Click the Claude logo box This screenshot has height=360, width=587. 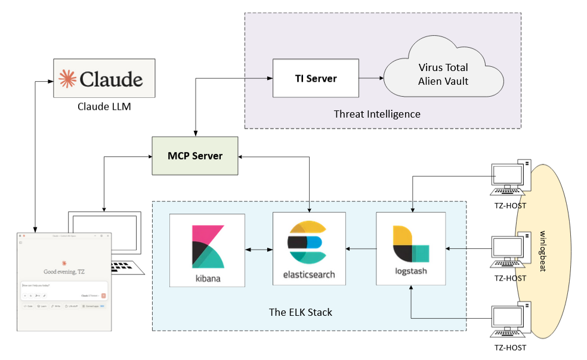click(x=104, y=78)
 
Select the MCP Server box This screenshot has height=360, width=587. click(x=194, y=156)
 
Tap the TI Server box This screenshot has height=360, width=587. click(x=316, y=78)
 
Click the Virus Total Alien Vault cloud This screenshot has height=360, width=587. click(x=443, y=75)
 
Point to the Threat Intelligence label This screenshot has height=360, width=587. click(x=377, y=114)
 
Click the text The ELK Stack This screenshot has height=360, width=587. click(x=308, y=312)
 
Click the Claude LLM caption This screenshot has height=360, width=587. click(x=104, y=107)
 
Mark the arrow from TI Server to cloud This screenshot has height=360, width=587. click(x=370, y=78)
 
